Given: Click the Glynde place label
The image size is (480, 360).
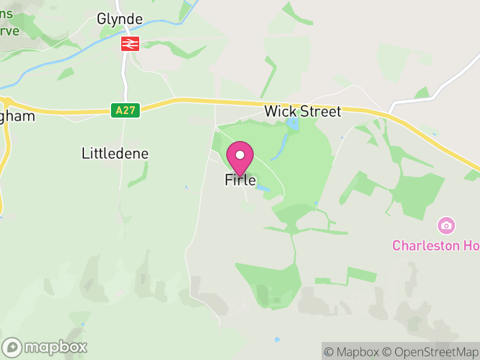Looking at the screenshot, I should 120,19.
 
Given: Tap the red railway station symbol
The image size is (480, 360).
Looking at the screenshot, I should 130,43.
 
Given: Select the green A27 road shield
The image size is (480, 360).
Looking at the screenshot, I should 125,110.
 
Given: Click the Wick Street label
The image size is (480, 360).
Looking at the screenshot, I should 302,111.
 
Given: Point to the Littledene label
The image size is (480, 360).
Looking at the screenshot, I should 115,154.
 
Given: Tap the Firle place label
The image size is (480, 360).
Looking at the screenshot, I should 240,179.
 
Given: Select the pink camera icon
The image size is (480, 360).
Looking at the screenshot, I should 446,226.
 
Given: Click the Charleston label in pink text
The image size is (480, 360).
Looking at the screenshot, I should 435,245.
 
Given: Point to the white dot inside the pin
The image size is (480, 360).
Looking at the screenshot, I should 240,155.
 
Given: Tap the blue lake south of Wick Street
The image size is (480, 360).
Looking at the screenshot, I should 292,125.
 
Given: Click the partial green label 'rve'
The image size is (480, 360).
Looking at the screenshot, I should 10,31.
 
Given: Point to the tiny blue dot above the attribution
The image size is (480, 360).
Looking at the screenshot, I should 277,340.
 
